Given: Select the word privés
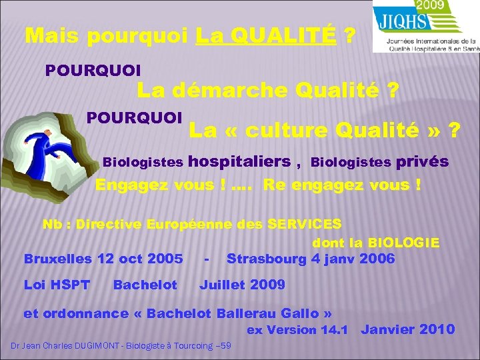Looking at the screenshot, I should (421, 161).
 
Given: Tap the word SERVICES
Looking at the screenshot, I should (304, 224).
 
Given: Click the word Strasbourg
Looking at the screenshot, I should (267, 259).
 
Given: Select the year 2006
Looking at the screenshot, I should (377, 259).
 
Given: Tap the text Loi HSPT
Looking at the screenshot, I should (57, 285).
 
